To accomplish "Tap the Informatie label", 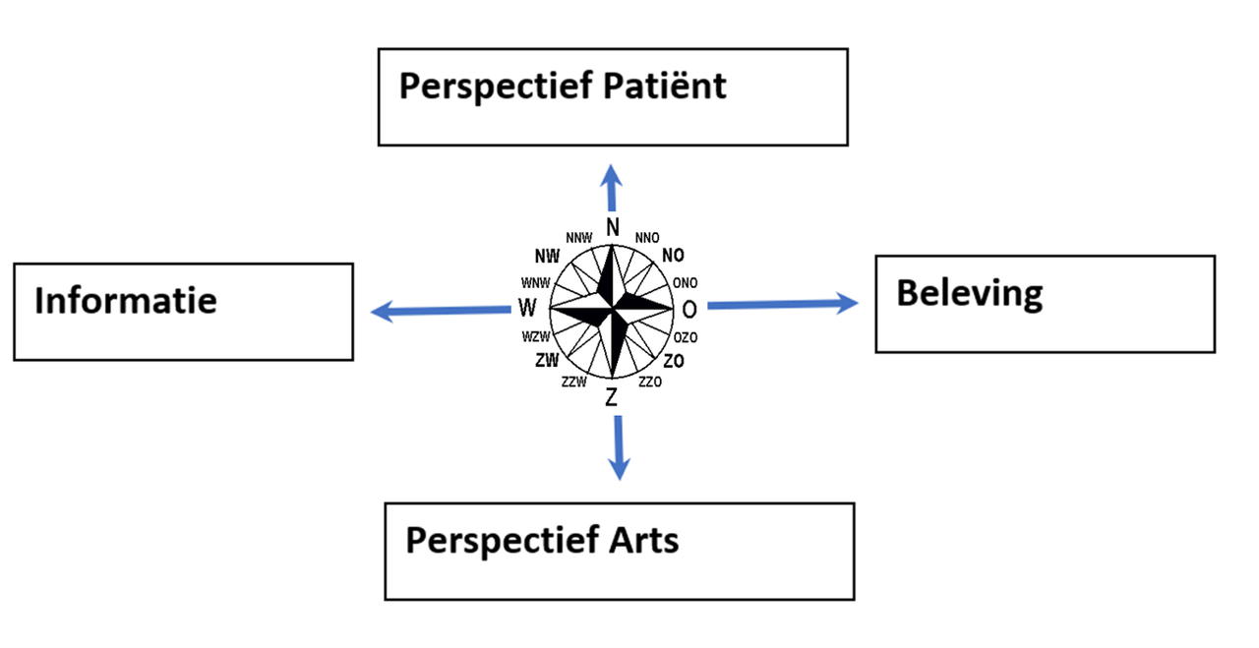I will pyautogui.click(x=125, y=300).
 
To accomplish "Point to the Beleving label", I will pyautogui.click(x=969, y=293).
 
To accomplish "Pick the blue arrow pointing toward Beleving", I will pyautogui.click(x=782, y=305).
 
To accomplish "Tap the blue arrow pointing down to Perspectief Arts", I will pyautogui.click(x=619, y=446).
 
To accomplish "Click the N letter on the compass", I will pyautogui.click(x=612, y=227).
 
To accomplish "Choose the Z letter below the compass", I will pyautogui.click(x=612, y=398).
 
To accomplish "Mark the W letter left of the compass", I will pyautogui.click(x=527, y=309).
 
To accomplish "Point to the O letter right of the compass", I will pyautogui.click(x=689, y=310).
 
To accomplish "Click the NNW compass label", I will pyautogui.click(x=578, y=238).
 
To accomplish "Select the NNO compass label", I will pyautogui.click(x=647, y=238).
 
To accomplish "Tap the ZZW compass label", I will pyautogui.click(x=573, y=382).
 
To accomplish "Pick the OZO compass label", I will pyautogui.click(x=686, y=337).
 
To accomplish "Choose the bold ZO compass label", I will pyautogui.click(x=674, y=361).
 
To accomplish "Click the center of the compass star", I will pyautogui.click(x=612, y=310).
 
